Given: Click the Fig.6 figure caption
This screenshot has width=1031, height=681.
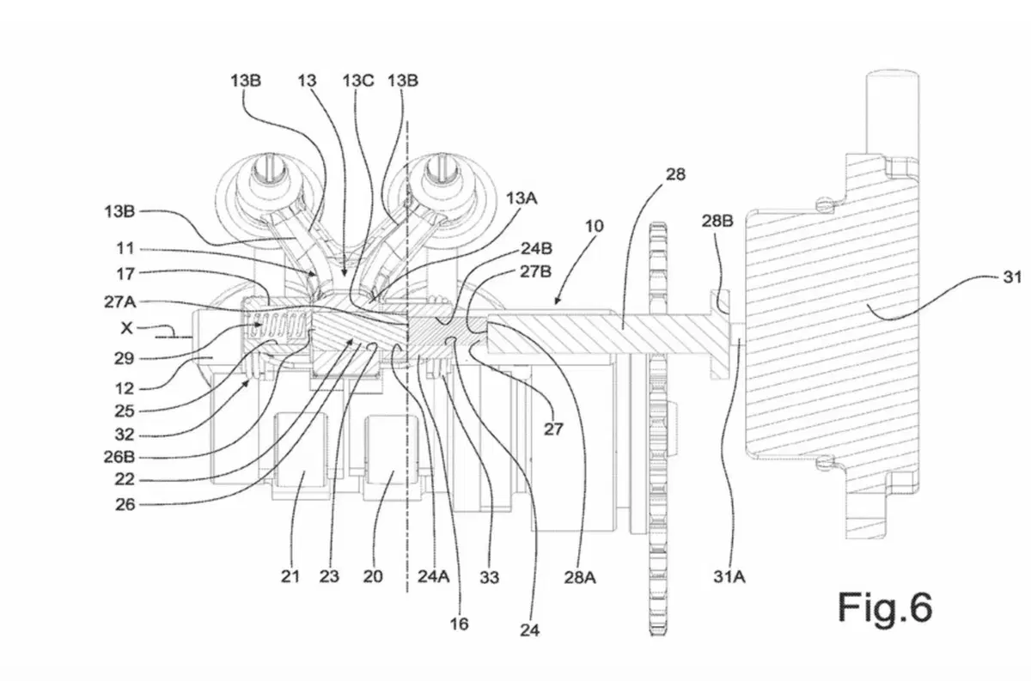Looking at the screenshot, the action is coord(885,607).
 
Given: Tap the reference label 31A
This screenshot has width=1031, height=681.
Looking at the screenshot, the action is coord(729,576).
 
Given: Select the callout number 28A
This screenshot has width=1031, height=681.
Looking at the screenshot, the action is coord(580,577).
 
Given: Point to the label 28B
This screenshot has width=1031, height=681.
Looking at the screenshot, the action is coord(717,221).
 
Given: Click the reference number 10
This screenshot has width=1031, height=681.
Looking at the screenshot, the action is coord(595,226).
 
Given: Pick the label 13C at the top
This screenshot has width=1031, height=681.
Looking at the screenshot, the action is coord(358,81).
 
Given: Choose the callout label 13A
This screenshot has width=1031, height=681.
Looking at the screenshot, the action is coord(522,198).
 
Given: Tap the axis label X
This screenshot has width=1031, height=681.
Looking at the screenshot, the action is coord(126,328).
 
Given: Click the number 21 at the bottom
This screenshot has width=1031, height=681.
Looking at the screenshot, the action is coord(290,576).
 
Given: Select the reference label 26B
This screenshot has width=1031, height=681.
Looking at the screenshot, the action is coord(119,457).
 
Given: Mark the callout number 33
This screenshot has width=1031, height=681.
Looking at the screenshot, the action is coord(489,577).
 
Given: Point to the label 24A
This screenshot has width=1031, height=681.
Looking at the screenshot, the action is coord(433,576).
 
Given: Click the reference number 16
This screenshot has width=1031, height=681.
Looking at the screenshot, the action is coord(459,624).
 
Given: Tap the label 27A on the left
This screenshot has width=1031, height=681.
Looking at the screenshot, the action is coord(119,301).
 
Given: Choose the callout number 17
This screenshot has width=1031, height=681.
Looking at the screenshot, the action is coord(125,274).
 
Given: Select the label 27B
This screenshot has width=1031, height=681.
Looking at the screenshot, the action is coord(535,271).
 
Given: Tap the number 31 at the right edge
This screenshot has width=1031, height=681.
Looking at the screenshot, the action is coord(1012,277).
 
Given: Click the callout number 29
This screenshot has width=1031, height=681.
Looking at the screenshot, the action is coord(124,358).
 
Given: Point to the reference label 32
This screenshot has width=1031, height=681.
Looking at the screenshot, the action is coord(124,435).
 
